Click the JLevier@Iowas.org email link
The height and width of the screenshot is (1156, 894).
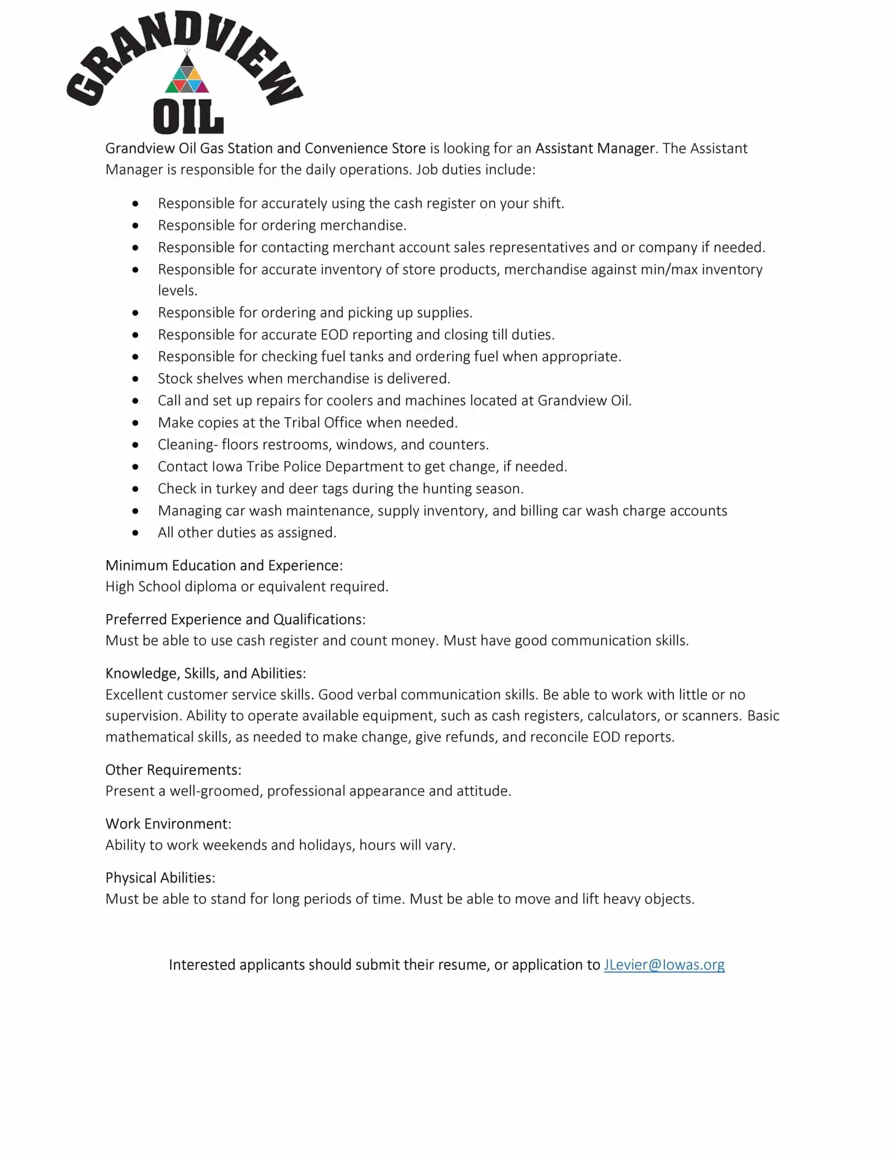pos(664,965)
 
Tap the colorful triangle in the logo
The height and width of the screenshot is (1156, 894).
pos(187,75)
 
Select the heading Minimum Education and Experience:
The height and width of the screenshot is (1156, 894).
pos(224,565)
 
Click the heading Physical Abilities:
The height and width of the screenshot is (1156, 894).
pos(160,877)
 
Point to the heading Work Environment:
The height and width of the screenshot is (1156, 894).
pos(168,824)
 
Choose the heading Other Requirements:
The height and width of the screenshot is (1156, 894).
pos(173,769)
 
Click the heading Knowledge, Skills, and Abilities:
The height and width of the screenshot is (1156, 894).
pos(205,673)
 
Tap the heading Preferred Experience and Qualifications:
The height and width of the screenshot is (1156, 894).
pos(236,620)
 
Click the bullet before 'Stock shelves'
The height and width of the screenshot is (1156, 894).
pos(136,379)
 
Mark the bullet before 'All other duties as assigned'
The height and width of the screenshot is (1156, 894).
pos(136,533)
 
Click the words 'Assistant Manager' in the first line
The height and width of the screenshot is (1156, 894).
pos(595,148)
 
